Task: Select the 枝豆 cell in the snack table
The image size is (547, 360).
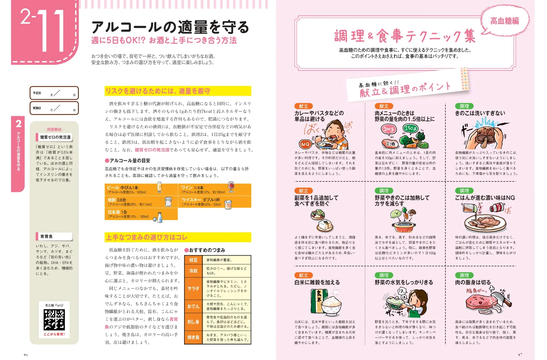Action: click(x=193, y=260)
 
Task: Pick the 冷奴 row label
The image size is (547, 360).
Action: click(x=193, y=271)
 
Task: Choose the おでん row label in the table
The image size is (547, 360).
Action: click(x=193, y=306)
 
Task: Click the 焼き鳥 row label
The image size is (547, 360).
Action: click(x=193, y=337)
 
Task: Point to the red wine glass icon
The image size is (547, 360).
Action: click(x=231, y=187)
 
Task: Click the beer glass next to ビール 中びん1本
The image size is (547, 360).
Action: click(x=159, y=187)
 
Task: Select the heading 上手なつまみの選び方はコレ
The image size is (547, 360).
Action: click(x=146, y=238)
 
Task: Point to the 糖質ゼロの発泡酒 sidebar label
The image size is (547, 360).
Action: click(x=55, y=137)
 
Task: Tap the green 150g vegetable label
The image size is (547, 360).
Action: click(x=410, y=128)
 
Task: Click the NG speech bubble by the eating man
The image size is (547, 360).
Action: click(x=305, y=144)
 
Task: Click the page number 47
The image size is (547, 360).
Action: click(x=520, y=354)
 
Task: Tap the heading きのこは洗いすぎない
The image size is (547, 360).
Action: click(x=480, y=113)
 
